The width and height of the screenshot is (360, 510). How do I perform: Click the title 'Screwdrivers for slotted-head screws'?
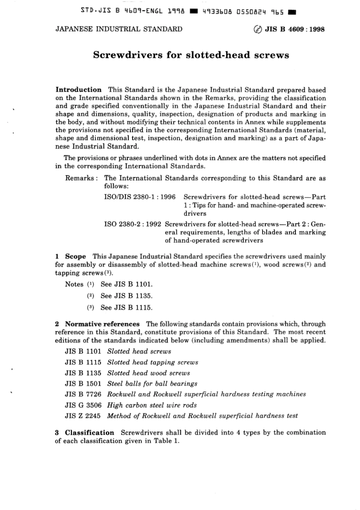(x=191, y=55)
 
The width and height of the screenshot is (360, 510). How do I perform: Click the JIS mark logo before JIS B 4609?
(x=257, y=30)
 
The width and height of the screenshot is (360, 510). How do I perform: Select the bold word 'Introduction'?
(x=78, y=90)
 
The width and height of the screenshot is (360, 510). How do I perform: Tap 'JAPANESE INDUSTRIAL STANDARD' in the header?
(x=119, y=29)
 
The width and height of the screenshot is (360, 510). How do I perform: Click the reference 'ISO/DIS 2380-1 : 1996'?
(x=140, y=197)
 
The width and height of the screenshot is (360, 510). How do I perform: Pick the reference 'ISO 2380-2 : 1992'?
(x=133, y=224)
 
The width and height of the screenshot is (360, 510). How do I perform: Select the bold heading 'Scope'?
(x=75, y=257)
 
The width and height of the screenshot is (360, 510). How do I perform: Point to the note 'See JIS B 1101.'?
(x=126, y=284)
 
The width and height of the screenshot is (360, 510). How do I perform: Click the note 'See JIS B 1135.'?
(x=126, y=296)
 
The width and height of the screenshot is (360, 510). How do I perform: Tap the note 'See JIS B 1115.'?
(x=126, y=308)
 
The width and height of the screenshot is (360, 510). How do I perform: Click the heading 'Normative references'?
(x=102, y=324)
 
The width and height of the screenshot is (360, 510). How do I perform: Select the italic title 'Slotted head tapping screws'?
(x=152, y=362)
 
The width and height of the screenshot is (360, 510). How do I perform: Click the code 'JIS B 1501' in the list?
(x=83, y=384)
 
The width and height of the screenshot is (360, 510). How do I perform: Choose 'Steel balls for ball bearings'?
(x=152, y=384)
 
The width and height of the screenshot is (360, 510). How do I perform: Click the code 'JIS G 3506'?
(x=83, y=405)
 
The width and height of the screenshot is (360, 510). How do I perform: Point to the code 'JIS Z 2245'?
(x=83, y=416)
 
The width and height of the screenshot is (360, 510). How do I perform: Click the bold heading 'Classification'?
(x=89, y=433)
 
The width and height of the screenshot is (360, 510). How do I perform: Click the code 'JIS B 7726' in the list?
(x=83, y=394)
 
